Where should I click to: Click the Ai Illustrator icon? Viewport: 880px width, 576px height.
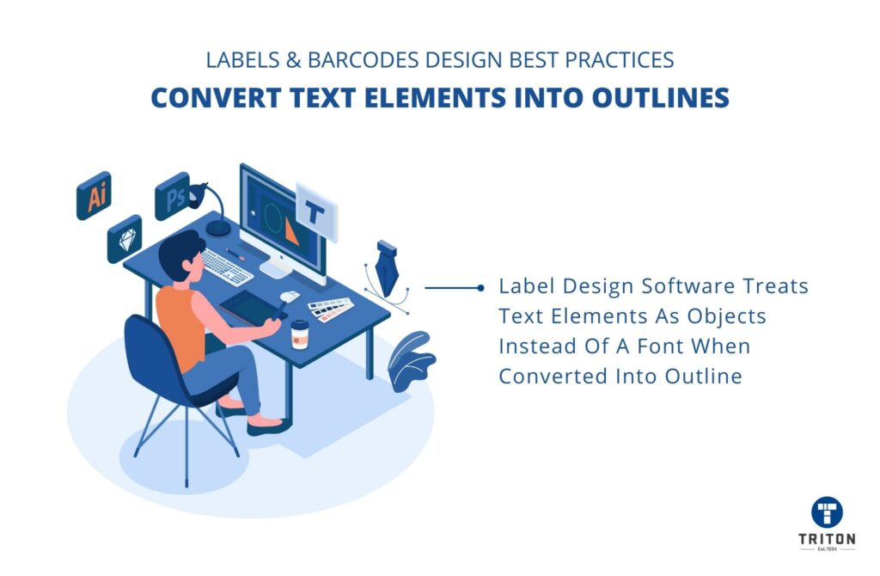[94, 195]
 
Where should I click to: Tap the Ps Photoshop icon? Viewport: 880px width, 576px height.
[172, 197]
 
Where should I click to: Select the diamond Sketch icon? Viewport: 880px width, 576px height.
[125, 239]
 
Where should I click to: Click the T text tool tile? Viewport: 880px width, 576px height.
[316, 212]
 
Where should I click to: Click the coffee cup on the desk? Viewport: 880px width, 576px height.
[300, 334]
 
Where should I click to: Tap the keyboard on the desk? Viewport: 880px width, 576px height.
[227, 267]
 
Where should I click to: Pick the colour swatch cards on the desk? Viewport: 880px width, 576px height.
[331, 309]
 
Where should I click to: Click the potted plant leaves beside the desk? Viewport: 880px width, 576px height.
[411, 361]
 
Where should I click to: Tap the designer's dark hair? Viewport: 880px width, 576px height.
[180, 254]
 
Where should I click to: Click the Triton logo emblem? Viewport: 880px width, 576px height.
[827, 512]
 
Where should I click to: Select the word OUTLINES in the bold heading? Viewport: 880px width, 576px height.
[661, 98]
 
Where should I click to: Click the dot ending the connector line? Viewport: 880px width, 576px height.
[480, 288]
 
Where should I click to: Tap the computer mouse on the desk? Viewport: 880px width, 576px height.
[290, 296]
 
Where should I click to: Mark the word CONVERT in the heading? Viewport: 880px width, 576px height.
[216, 98]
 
